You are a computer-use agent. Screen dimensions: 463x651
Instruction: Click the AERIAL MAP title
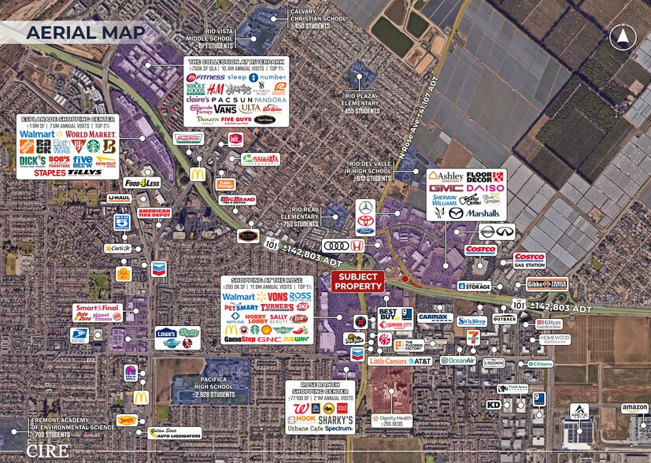(x=85, y=32)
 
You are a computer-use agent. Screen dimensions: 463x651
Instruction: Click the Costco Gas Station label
(x=529, y=261)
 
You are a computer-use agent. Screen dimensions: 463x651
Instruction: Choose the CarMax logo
(x=435, y=317)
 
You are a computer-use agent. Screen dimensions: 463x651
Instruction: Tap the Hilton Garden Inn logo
(x=549, y=324)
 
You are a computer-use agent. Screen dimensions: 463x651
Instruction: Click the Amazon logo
(x=634, y=407)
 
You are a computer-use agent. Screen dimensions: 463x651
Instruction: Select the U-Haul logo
(x=118, y=198)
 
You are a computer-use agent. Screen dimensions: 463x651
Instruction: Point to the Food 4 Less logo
(x=142, y=183)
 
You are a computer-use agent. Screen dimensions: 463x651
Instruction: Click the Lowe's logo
(x=165, y=333)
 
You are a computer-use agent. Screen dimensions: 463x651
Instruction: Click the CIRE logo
(x=41, y=450)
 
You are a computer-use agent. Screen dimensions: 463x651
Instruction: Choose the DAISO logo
(x=486, y=189)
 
